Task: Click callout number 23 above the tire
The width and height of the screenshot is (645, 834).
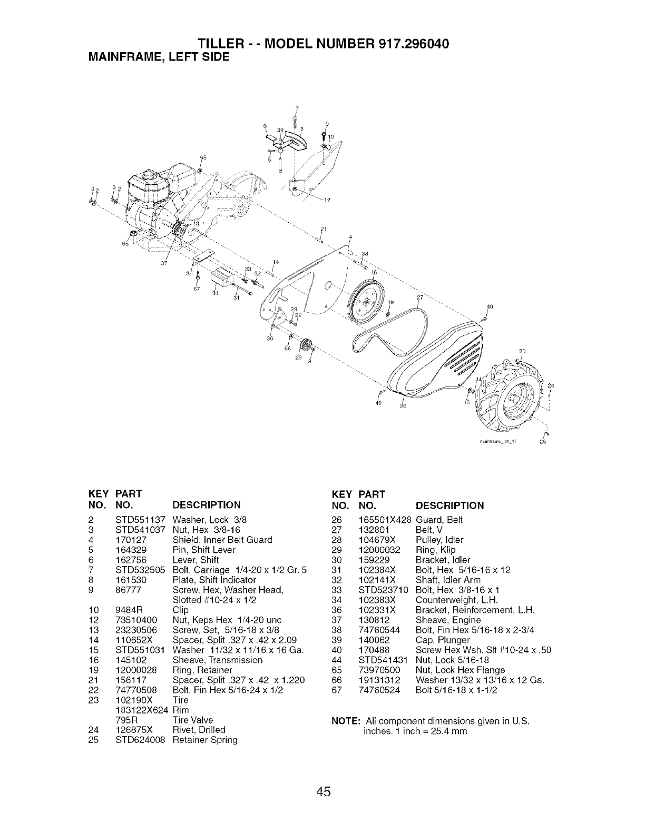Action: pos(523,351)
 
